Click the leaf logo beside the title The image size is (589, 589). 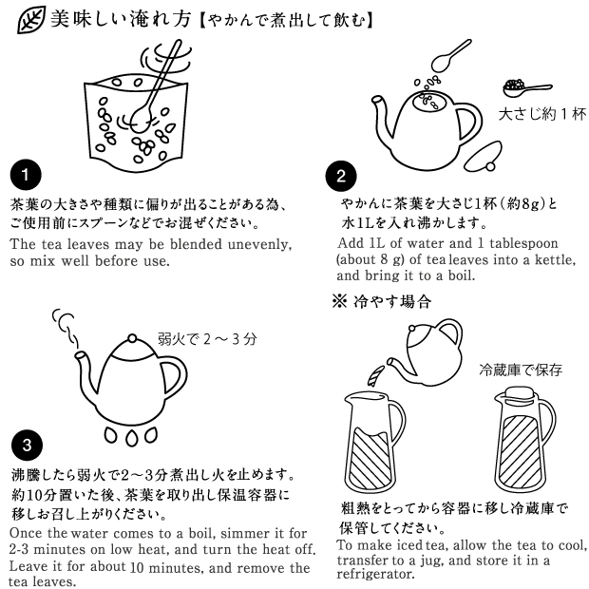click(x=31, y=20)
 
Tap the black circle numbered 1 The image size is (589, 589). click(x=26, y=175)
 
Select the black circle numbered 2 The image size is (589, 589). click(x=341, y=176)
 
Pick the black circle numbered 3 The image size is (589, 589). click(x=27, y=446)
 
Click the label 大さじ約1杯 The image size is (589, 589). click(x=542, y=114)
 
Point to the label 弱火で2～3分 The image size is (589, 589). click(x=207, y=339)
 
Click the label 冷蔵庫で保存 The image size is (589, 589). click(x=521, y=370)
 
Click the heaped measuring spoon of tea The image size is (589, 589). click(x=527, y=88)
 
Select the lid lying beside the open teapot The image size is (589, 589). click(x=484, y=156)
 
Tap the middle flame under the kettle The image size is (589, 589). click(x=131, y=437)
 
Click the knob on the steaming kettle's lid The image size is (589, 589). click(x=133, y=338)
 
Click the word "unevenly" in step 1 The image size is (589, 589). click(x=259, y=244)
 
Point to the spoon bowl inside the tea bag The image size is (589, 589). click(x=140, y=120)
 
